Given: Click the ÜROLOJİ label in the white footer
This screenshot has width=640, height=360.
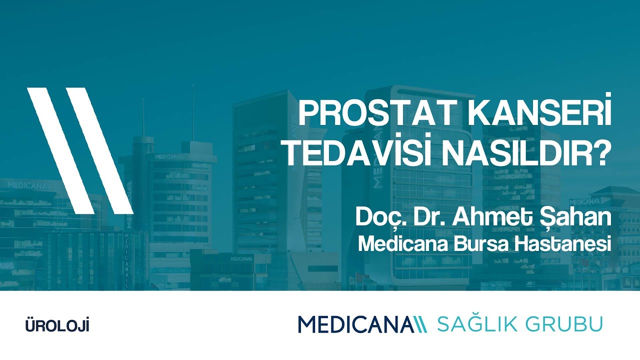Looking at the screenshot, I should [x=57, y=326].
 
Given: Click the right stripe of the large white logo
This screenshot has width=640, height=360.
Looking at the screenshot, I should [x=100, y=150].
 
